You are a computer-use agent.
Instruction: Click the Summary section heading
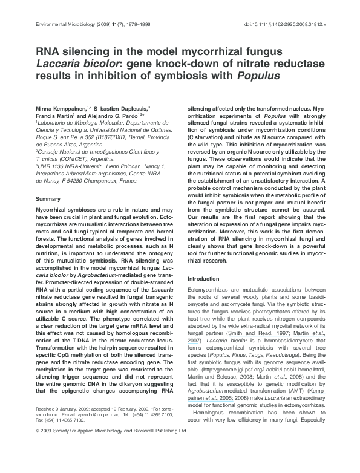(48, 198)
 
